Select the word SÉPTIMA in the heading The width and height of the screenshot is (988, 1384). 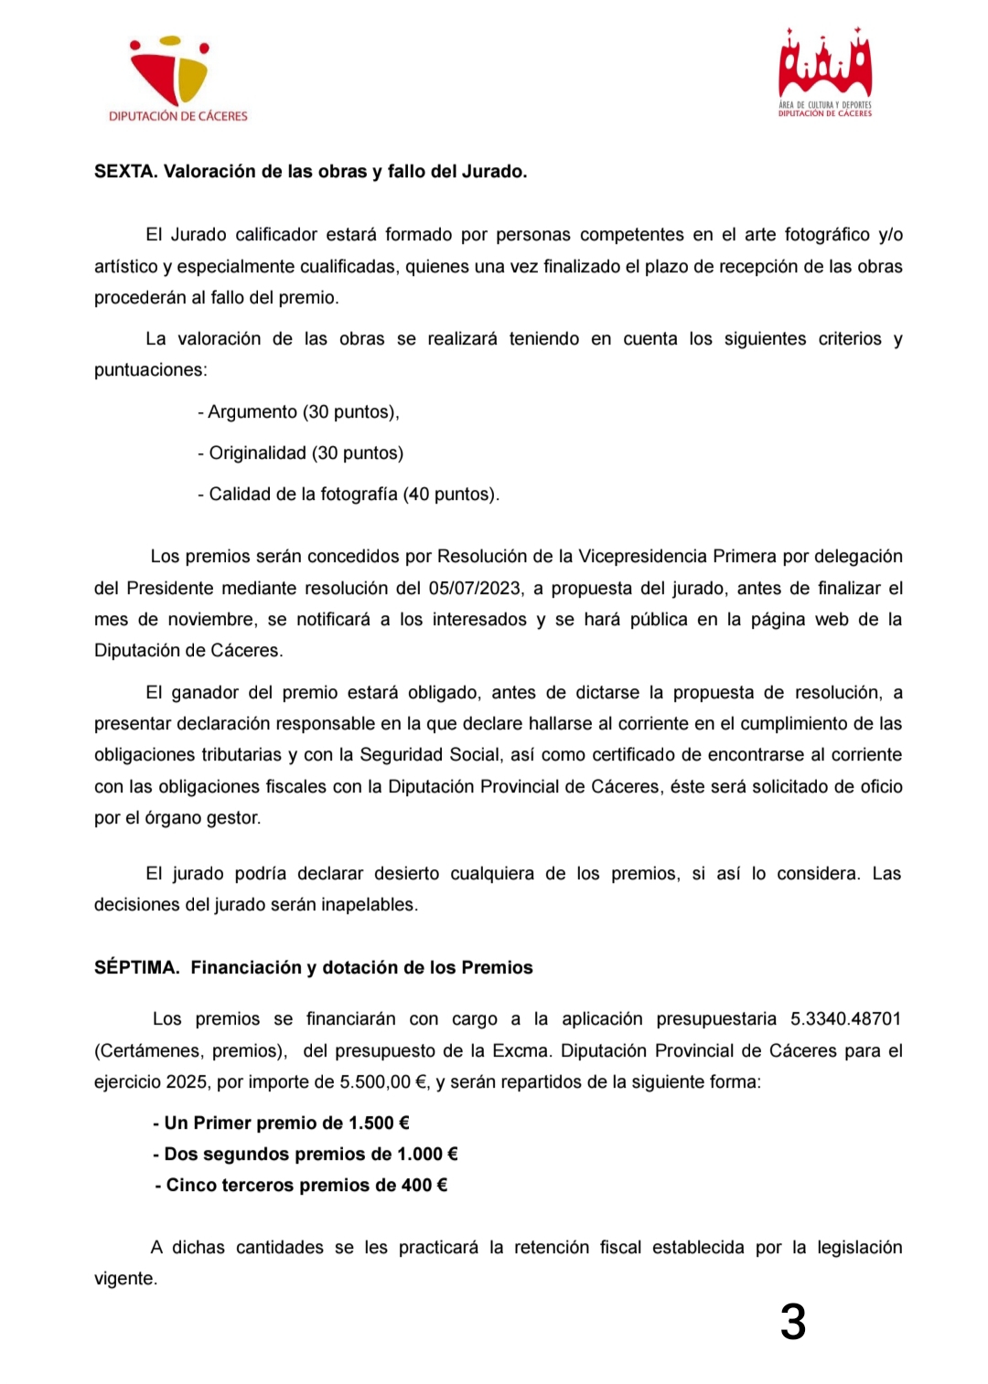pos(136,968)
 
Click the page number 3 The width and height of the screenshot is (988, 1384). pos(793,1323)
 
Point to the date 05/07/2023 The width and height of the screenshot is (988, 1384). pos(476,589)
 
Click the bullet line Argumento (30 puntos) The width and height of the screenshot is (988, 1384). pos(299,412)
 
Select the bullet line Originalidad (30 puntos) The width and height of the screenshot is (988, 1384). pos(301,453)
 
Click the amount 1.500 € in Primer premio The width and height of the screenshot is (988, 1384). pos(379,1123)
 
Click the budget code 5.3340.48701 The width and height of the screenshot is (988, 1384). pos(846,1019)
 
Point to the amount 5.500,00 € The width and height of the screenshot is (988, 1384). pos(384,1082)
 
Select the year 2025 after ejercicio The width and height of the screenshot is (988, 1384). pos(187,1082)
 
